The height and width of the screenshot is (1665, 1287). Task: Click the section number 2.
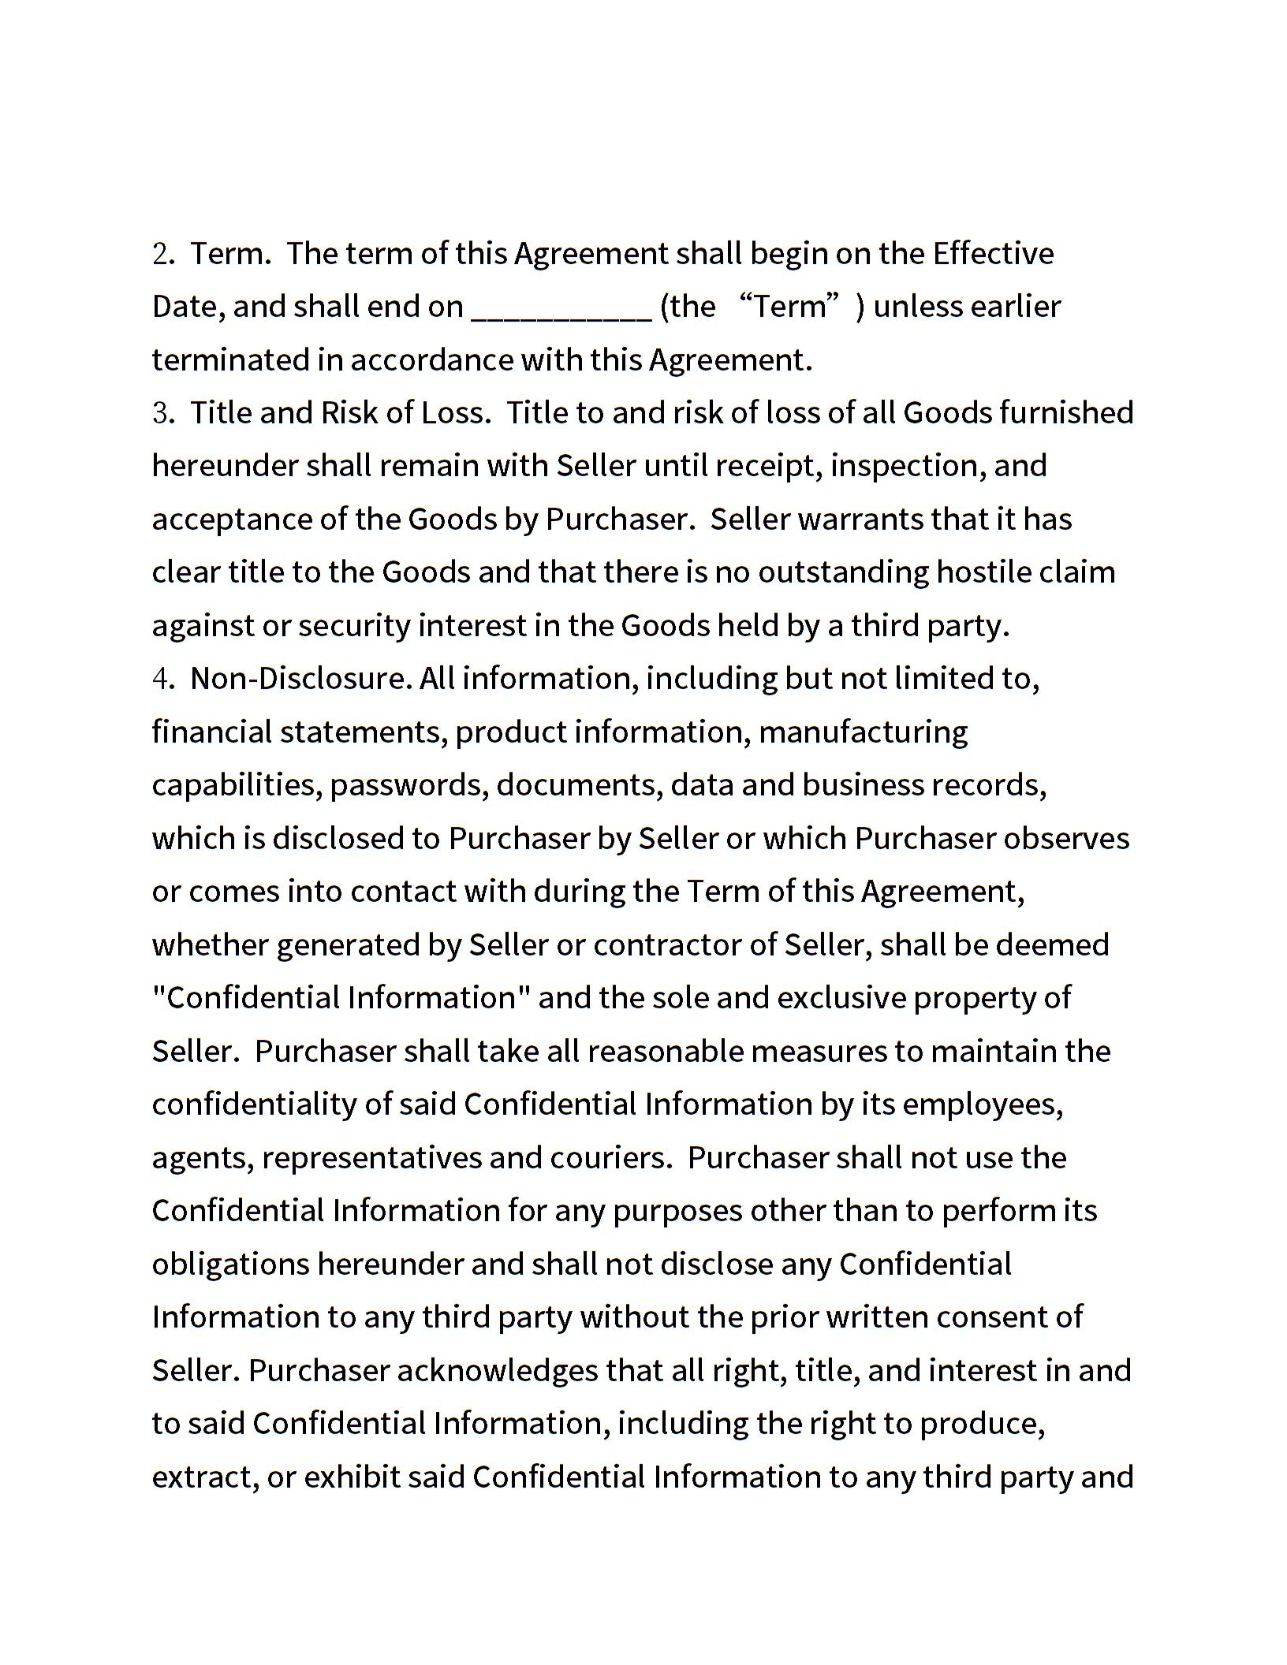(162, 254)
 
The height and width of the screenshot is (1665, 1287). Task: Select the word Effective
(993, 254)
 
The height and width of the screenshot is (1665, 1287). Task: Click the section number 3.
(162, 413)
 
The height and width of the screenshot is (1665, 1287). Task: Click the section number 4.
(162, 679)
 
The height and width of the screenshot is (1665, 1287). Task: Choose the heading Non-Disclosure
(300, 679)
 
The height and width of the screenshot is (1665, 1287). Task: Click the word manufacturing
(863, 732)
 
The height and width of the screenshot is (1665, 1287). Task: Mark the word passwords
(408, 785)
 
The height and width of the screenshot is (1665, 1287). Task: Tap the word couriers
(610, 1157)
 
